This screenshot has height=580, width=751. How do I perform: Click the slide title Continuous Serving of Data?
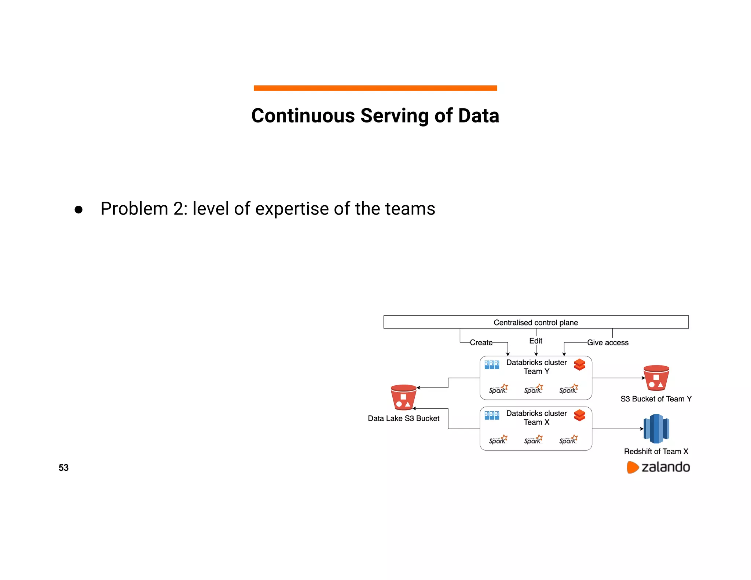(x=375, y=116)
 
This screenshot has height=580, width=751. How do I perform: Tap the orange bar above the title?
(x=375, y=88)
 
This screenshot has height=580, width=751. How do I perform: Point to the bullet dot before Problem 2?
(x=78, y=210)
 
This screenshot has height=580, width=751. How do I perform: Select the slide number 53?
(x=63, y=468)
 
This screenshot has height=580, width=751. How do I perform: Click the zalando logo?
(x=659, y=467)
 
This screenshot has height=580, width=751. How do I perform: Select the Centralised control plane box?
(x=535, y=322)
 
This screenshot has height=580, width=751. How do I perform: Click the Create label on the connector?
(x=481, y=342)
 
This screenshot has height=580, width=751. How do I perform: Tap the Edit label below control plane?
(x=535, y=341)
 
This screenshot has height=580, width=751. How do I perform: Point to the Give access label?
(x=608, y=342)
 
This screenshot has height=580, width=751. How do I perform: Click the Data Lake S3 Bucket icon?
(x=403, y=397)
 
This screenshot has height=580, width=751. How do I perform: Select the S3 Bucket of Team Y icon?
(x=656, y=378)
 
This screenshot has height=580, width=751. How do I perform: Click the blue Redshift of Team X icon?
(x=656, y=429)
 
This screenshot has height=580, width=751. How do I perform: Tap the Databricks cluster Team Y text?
(x=536, y=367)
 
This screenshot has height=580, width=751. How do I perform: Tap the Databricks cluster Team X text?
(x=536, y=418)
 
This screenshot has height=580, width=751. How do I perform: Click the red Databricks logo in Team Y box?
(x=579, y=365)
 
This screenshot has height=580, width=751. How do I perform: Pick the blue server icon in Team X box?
(x=492, y=415)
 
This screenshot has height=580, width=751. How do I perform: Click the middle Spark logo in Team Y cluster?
(x=533, y=389)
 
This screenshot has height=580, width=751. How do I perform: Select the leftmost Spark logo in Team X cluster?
(x=498, y=440)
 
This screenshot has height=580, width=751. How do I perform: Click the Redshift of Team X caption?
(x=656, y=451)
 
